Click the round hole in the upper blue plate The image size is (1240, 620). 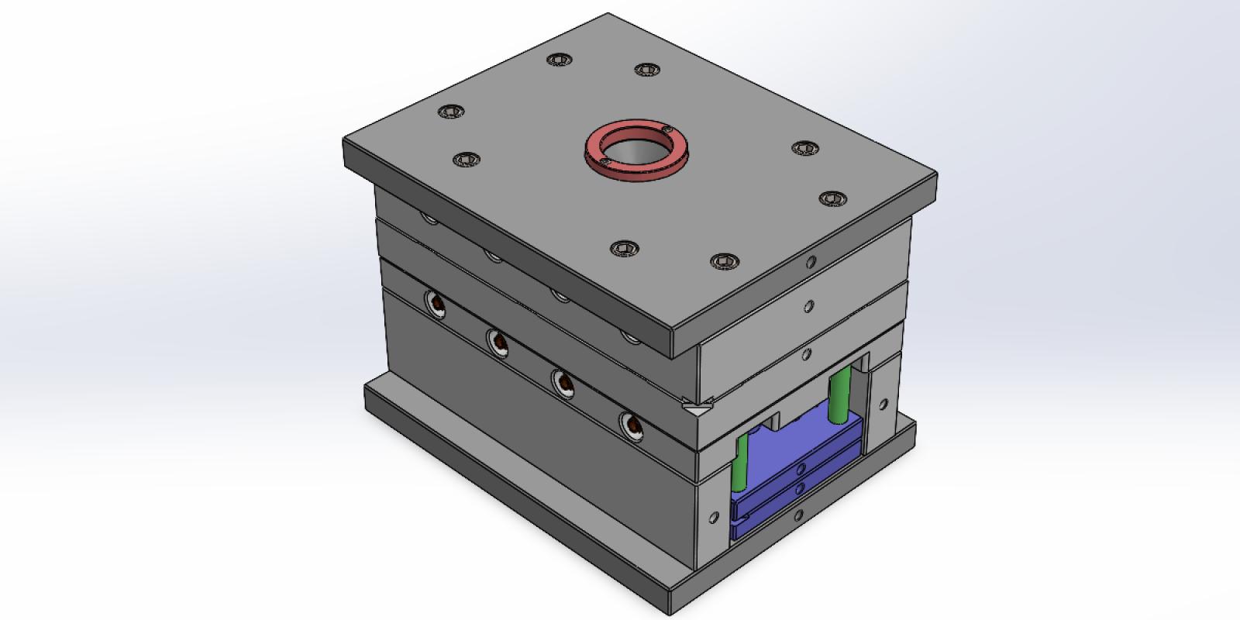tap(801, 467)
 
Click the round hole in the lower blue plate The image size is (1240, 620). tap(801, 489)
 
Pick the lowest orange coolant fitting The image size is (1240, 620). tap(632, 425)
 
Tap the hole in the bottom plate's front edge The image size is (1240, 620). tap(798, 514)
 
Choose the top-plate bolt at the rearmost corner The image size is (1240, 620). tap(558, 60)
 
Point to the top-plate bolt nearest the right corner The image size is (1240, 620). tap(831, 198)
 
